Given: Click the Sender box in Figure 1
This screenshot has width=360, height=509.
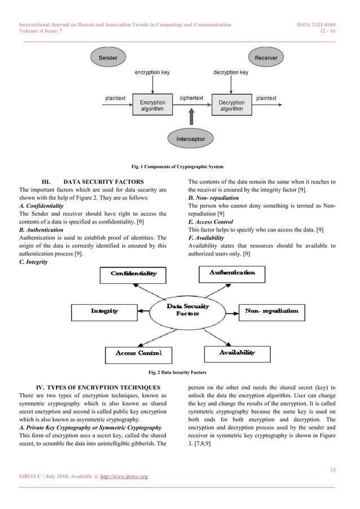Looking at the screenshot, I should tap(108, 58).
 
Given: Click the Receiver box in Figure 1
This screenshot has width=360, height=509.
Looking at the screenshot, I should tap(266, 58).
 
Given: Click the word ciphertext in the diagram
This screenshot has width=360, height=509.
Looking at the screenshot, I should tap(191, 98).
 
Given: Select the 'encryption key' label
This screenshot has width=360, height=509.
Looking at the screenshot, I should tap(151, 73).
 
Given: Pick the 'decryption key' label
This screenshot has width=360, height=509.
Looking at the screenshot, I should tap(231, 73).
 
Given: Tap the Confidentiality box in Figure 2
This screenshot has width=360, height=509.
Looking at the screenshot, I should tap(134, 274).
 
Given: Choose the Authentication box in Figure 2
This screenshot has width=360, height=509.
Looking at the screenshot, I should tap(232, 273).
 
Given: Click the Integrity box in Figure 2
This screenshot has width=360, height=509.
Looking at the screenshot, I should tap(105, 311).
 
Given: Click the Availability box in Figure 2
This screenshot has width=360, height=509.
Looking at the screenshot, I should tap(237, 353).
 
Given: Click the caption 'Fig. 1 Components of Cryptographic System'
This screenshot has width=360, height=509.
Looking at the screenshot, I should tap(177, 166).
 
